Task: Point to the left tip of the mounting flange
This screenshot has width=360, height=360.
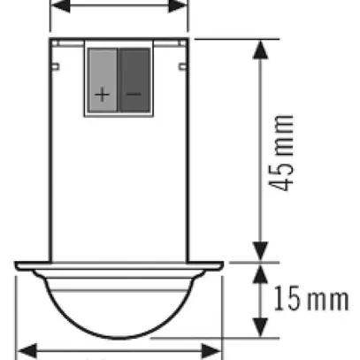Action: [17, 264]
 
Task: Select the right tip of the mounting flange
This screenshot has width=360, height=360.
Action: [222, 264]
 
